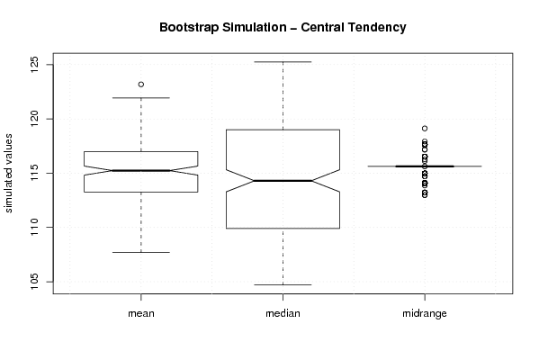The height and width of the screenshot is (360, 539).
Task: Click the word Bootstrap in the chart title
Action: click(189, 28)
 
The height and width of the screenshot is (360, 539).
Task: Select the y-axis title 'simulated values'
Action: click(8, 174)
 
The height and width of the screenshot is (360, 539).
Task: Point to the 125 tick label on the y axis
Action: click(35, 64)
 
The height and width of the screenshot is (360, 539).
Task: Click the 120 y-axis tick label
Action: click(35, 119)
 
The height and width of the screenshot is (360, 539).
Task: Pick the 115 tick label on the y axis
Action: click(35, 173)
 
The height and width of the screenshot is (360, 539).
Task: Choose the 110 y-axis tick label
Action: click(35, 228)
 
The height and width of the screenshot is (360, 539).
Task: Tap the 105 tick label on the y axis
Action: click(35, 282)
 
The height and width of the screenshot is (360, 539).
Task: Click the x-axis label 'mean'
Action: click(141, 313)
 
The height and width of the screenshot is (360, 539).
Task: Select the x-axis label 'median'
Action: click(283, 313)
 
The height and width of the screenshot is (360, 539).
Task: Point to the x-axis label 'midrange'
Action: click(425, 313)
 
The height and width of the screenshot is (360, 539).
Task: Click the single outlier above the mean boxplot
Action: click(141, 85)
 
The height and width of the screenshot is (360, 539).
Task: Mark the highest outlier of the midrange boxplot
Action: click(425, 129)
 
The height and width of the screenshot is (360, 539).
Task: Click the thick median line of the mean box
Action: click(141, 170)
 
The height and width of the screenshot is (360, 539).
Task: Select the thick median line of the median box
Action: click(283, 181)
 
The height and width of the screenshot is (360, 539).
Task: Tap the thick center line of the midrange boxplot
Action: click(425, 166)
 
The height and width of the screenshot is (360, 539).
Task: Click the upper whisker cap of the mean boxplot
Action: click(141, 98)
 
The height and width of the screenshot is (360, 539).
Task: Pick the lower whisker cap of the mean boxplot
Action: click(141, 252)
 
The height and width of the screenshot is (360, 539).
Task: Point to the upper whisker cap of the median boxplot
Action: click(283, 62)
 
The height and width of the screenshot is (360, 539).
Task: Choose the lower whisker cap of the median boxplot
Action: click(283, 284)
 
